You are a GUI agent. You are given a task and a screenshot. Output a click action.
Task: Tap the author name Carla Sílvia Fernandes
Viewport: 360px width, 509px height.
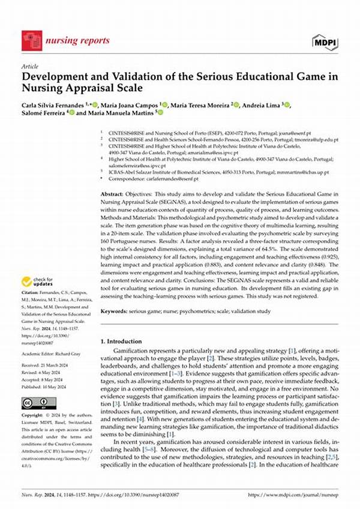[53, 106]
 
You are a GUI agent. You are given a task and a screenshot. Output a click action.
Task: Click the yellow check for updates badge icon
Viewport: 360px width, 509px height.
[26, 280]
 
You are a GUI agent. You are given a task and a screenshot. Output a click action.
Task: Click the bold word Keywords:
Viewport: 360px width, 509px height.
[116, 312]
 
